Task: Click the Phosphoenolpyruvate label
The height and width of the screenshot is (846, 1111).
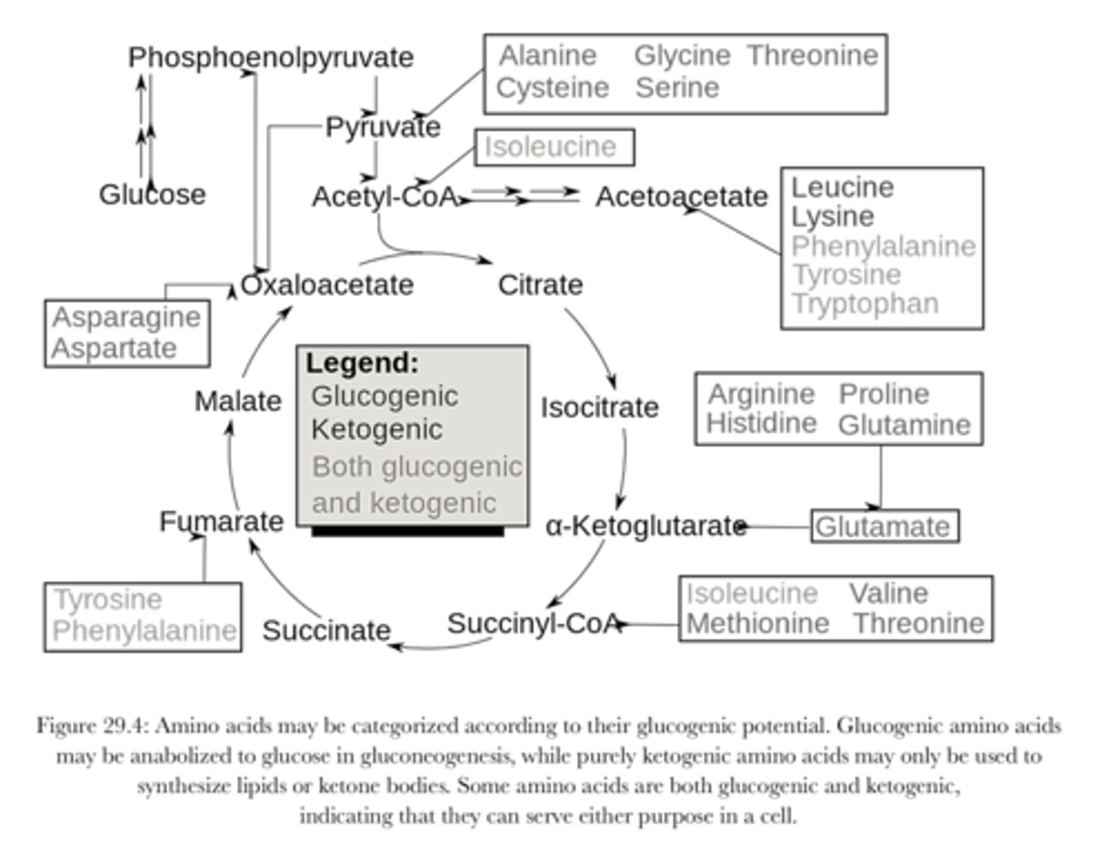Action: coord(271,57)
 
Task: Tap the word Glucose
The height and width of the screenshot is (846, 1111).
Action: coord(152,194)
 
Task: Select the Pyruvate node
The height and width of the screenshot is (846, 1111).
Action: coord(383,127)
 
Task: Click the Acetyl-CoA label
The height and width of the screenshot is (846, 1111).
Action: coord(385,197)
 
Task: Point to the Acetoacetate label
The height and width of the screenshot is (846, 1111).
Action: coord(681,197)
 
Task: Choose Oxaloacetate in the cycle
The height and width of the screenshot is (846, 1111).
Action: coord(327,285)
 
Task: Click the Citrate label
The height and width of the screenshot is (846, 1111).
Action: coord(540,285)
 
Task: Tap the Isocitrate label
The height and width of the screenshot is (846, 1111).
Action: coord(599,407)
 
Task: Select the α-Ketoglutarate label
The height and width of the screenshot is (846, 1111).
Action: coord(646,526)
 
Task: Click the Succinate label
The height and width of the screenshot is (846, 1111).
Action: coord(326,631)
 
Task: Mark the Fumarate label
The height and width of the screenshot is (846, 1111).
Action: coord(221,522)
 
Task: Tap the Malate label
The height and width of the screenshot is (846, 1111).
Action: coord(238,401)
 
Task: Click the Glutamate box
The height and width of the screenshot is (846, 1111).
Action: coord(884,527)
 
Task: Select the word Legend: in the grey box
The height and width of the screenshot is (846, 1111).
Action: coord(362,363)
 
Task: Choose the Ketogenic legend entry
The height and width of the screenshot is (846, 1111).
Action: coord(377,430)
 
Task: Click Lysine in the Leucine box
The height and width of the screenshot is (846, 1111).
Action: coord(832,217)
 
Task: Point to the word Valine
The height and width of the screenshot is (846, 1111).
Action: coord(889,593)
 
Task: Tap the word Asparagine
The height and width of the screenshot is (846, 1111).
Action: coord(127,317)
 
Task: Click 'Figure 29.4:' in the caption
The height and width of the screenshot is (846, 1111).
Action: coord(93,726)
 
